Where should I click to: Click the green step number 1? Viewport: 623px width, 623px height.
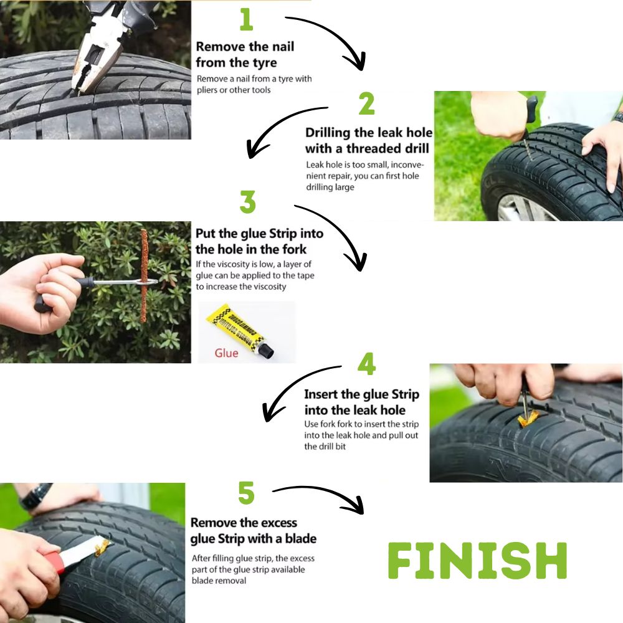(246, 20)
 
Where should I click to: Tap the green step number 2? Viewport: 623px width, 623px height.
(366, 103)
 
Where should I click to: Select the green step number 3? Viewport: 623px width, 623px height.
(247, 202)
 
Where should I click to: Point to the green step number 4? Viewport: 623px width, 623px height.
(366, 364)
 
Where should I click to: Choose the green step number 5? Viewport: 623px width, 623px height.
(246, 493)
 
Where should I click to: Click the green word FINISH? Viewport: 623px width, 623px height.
(477, 561)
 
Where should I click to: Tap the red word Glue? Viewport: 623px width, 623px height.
(227, 353)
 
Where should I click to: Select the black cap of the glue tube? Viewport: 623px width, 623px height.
(266, 350)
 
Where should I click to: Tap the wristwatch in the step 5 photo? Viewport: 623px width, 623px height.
(36, 496)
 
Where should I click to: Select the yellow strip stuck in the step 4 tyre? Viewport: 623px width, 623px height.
(528, 419)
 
